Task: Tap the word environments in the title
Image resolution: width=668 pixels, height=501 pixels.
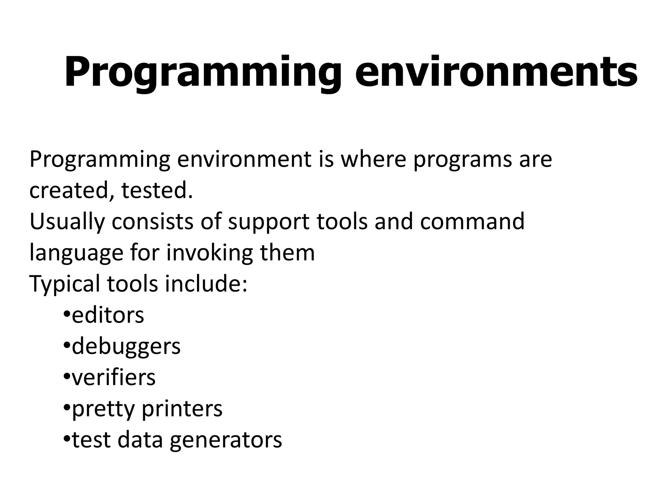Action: pyautogui.click(x=496, y=72)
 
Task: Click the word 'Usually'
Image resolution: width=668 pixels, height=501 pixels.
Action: pyautogui.click(x=67, y=221)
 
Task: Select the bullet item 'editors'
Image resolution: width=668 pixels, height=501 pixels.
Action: pyautogui.click(x=108, y=315)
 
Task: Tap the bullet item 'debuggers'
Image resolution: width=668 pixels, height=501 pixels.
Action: pyautogui.click(x=126, y=346)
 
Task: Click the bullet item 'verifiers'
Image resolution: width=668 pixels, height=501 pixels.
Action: pyautogui.click(x=114, y=377)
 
